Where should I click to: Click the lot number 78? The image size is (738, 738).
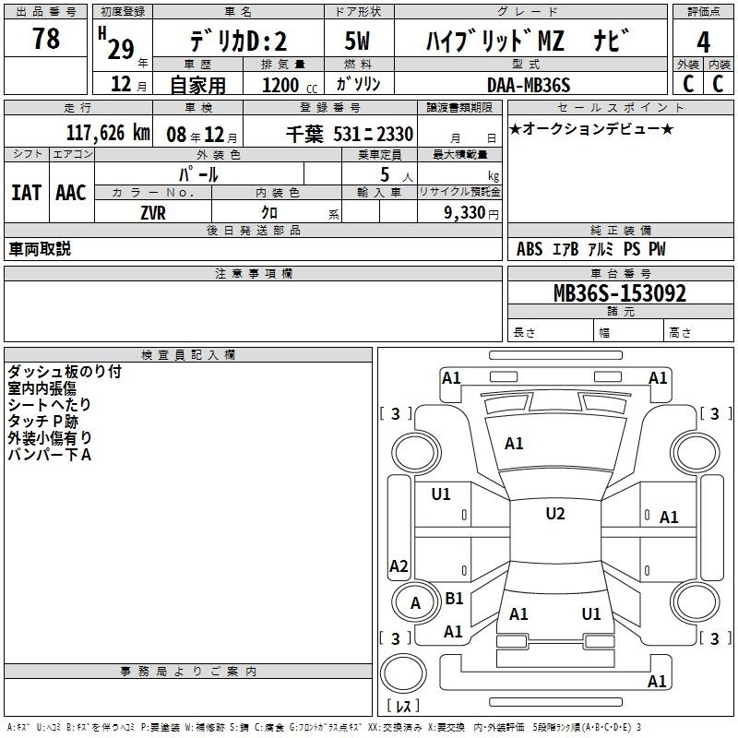(x=46, y=38)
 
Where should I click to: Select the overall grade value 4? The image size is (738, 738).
(x=703, y=42)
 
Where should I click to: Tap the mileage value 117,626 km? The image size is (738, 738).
(x=108, y=133)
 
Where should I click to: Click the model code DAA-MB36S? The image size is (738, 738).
(x=529, y=85)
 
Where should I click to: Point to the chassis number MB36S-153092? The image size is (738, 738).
(x=620, y=293)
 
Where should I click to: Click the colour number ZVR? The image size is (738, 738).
(x=153, y=213)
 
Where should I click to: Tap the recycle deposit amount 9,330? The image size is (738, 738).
(x=465, y=212)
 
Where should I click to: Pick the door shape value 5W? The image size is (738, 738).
(x=357, y=41)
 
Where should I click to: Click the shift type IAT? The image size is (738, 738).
(x=27, y=193)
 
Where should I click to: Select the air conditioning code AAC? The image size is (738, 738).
(x=71, y=193)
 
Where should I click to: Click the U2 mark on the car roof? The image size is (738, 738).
(x=555, y=514)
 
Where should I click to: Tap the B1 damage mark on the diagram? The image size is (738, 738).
(x=454, y=598)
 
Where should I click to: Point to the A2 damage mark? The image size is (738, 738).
(x=399, y=565)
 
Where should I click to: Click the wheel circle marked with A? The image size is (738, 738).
(x=415, y=602)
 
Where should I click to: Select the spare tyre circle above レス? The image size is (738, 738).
(x=403, y=673)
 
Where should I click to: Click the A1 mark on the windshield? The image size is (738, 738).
(x=514, y=444)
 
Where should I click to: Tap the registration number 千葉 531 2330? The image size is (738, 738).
(x=350, y=134)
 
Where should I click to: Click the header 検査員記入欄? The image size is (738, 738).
(x=188, y=355)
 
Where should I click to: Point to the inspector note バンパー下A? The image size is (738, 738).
(x=50, y=455)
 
